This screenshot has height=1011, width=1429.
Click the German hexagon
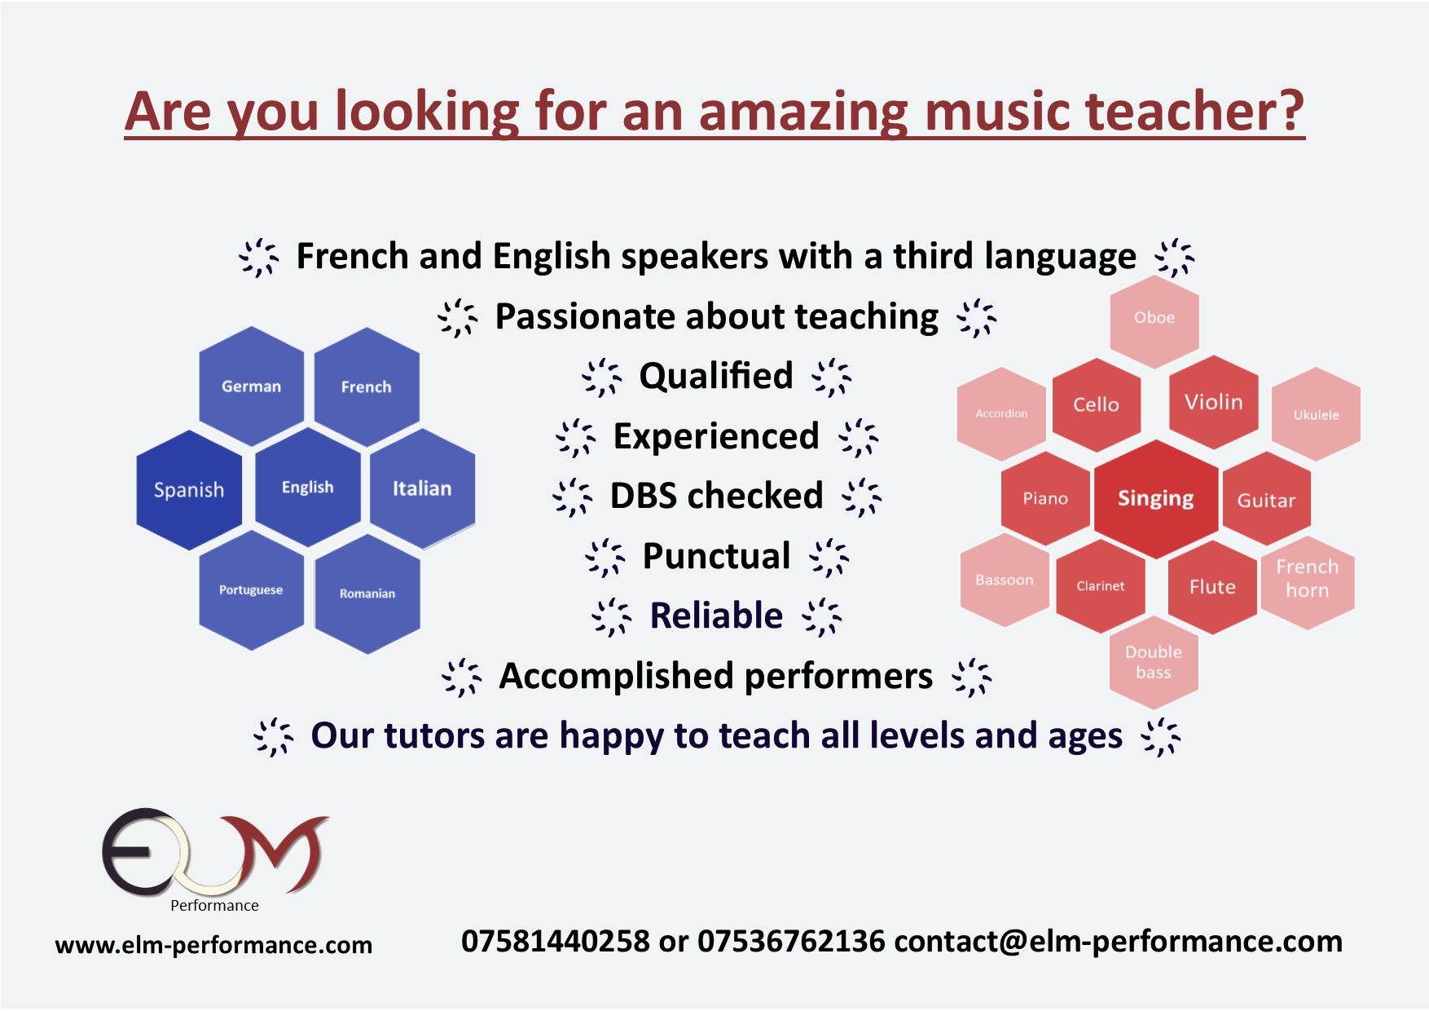252,386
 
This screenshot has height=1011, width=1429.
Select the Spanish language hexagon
189,490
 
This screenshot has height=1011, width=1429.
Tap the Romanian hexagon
367,594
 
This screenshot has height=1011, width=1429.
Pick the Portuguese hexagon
252,590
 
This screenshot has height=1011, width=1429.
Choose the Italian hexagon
423,488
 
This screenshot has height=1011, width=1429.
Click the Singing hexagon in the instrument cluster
1156,499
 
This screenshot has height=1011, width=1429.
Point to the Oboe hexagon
1154,318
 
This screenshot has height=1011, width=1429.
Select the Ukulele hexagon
1317,414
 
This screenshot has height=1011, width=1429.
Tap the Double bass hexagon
1154,662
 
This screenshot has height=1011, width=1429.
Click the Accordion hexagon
1001,413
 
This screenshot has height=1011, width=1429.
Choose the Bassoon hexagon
1005,581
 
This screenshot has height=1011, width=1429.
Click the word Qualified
716,376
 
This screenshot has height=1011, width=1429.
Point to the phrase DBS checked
717,496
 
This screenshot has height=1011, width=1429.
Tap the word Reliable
717,616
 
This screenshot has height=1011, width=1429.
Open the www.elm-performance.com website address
213,945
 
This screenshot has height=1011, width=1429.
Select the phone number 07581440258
556,942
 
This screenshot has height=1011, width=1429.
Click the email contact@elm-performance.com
1118,942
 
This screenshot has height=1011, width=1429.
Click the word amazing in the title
803,112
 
